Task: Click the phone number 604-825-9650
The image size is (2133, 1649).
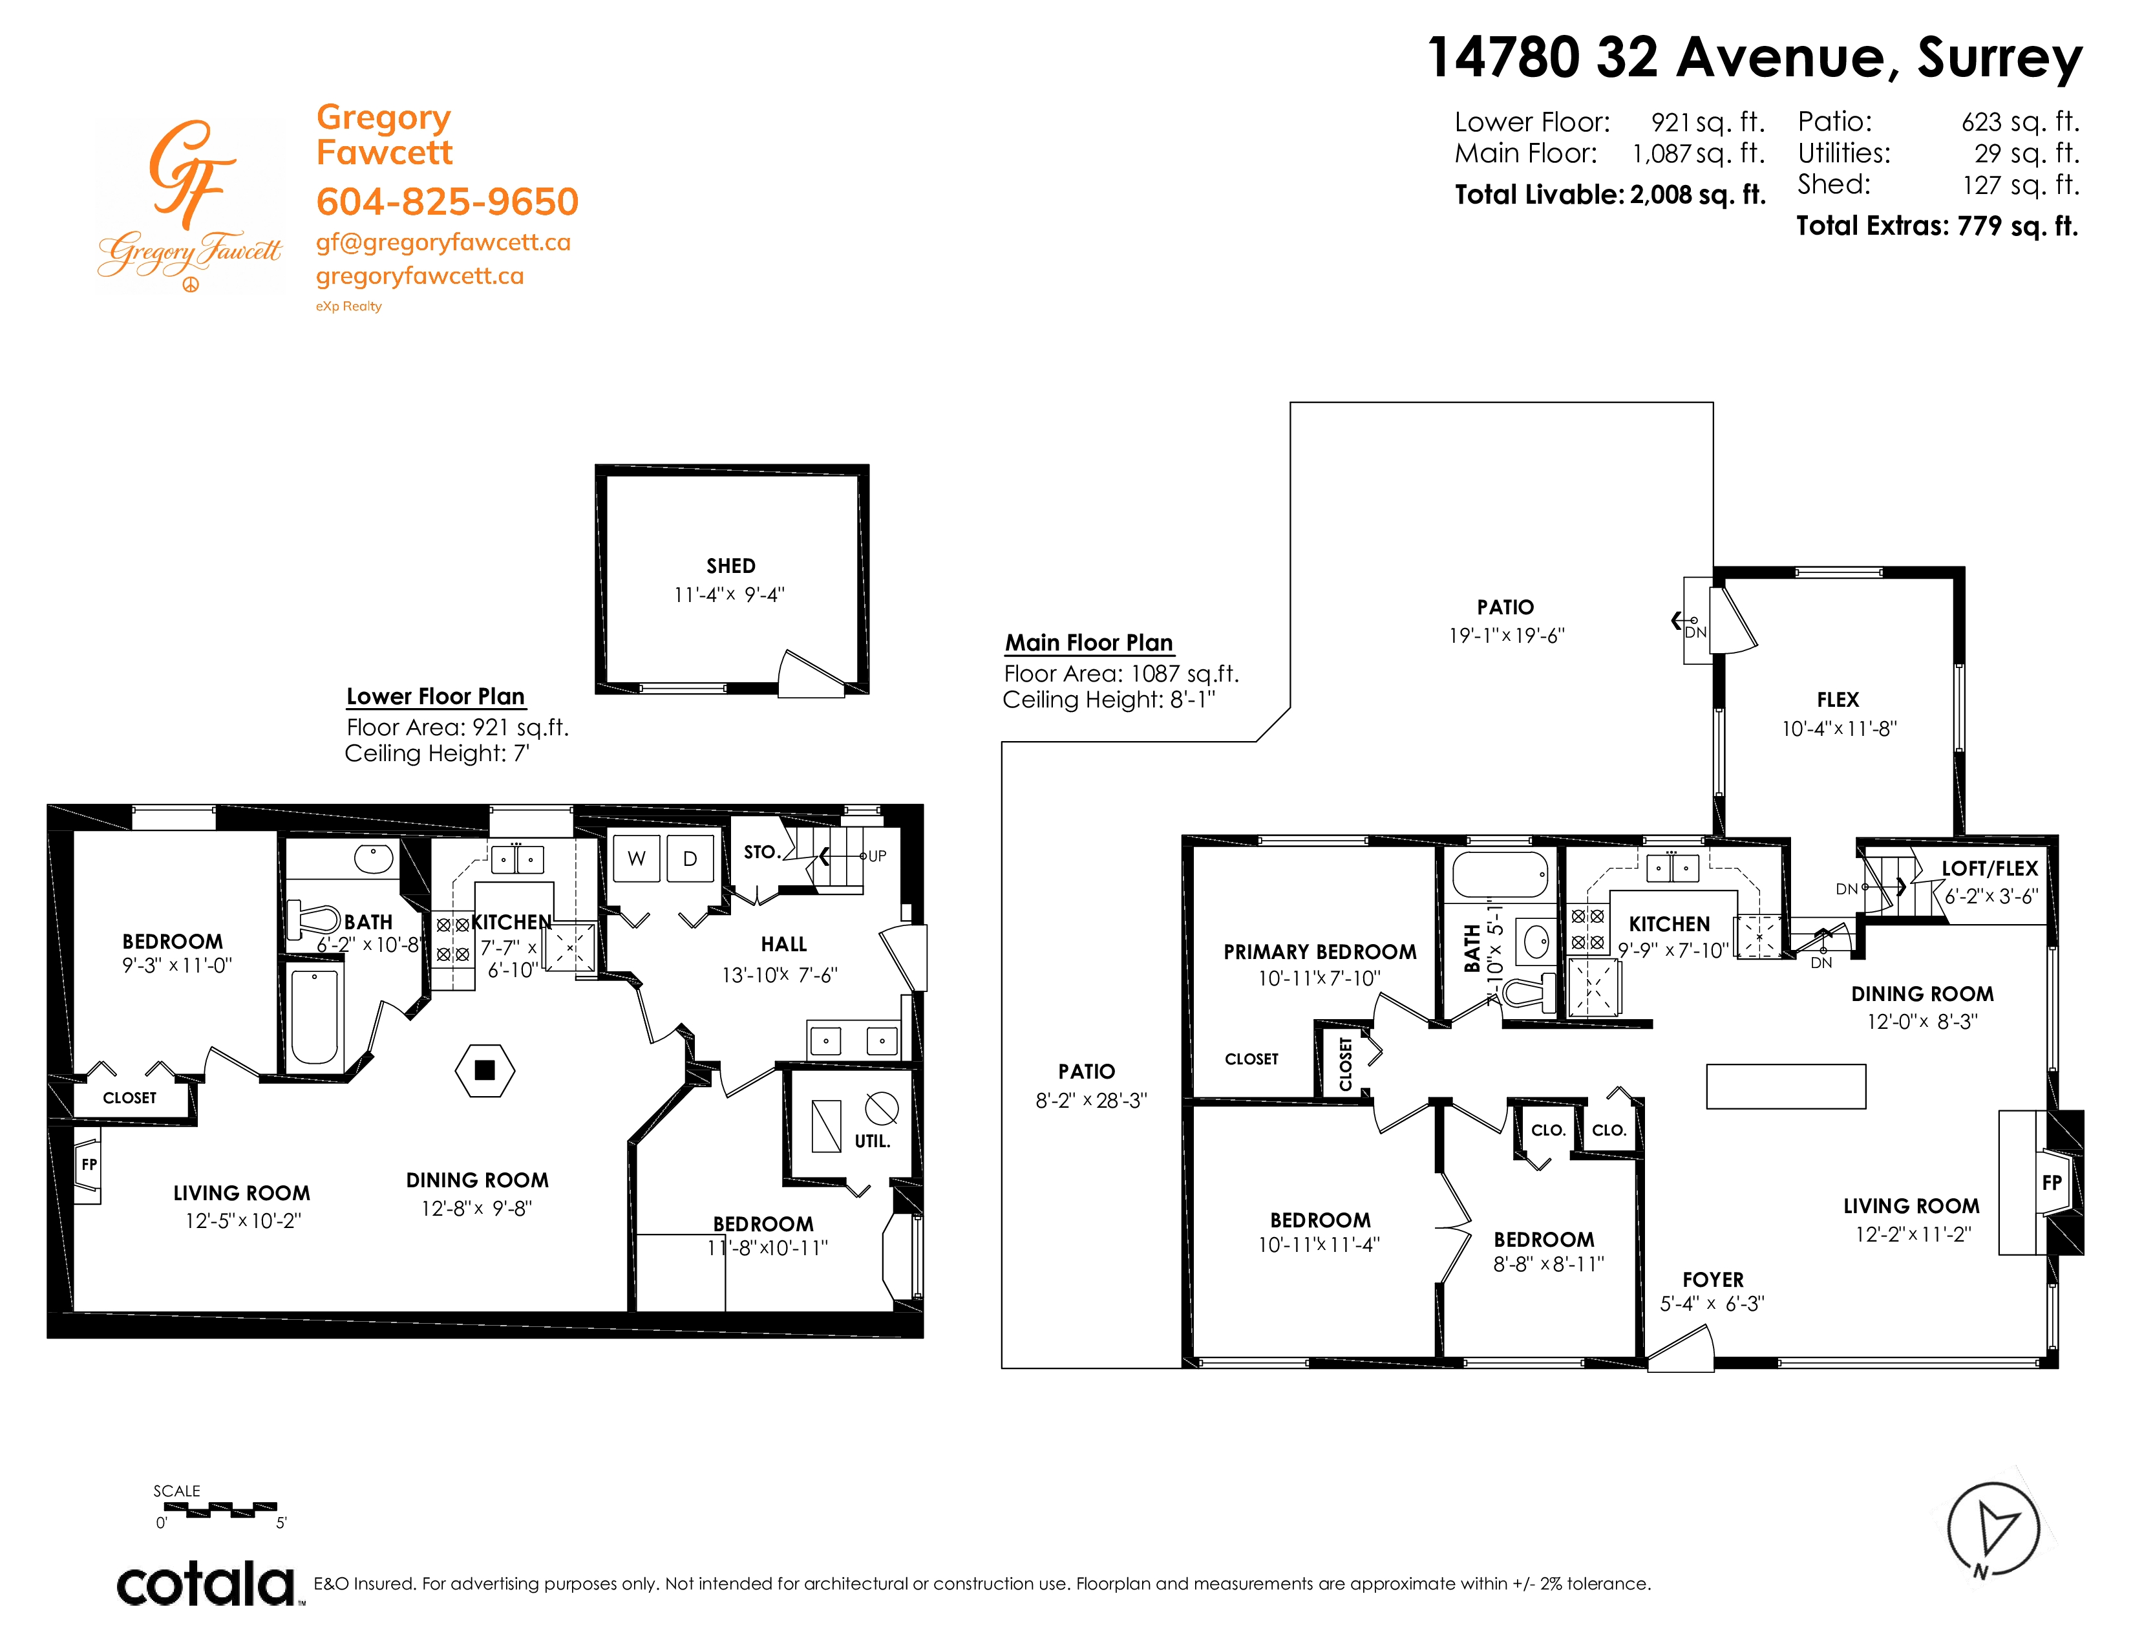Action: (447, 202)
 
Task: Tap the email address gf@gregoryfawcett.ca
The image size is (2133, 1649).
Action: (443, 243)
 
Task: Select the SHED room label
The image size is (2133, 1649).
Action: (730, 566)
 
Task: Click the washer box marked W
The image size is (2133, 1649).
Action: (637, 859)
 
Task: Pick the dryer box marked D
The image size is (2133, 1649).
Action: (690, 859)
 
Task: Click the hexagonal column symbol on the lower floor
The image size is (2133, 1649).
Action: (484, 1071)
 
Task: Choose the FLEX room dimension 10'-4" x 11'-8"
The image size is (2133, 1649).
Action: (1839, 729)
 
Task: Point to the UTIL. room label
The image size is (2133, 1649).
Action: (872, 1141)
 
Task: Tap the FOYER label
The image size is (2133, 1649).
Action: (1713, 1280)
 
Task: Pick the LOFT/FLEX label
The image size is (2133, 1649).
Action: (1990, 869)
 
